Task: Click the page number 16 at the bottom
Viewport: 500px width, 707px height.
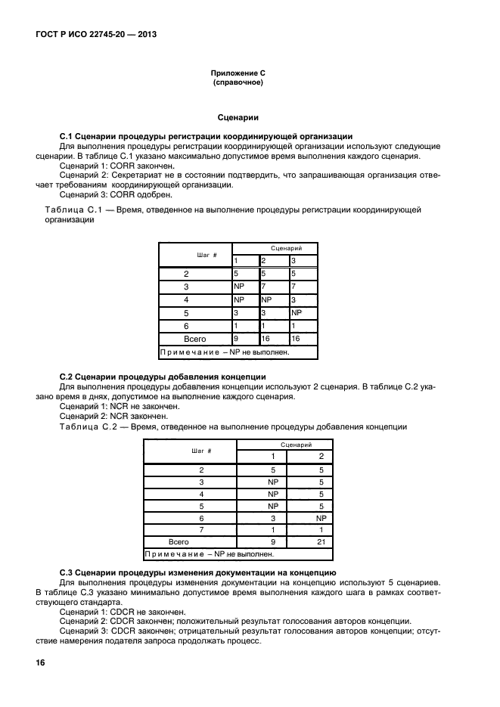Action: pyautogui.click(x=40, y=662)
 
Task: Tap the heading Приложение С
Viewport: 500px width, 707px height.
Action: pyautogui.click(x=238, y=73)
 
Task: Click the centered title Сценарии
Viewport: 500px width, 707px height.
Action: pyautogui.click(x=238, y=117)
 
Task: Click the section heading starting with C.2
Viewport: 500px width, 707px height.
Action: pyautogui.click(x=162, y=377)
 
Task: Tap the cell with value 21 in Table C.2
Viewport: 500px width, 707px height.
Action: pyautogui.click(x=321, y=541)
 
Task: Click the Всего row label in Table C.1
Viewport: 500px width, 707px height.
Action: pyautogui.click(x=195, y=339)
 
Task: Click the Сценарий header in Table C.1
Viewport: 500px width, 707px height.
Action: pyautogui.click(x=275, y=248)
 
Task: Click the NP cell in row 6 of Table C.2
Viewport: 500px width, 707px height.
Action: pyautogui.click(x=321, y=518)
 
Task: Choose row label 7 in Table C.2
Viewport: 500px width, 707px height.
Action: pyautogui.click(x=201, y=529)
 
